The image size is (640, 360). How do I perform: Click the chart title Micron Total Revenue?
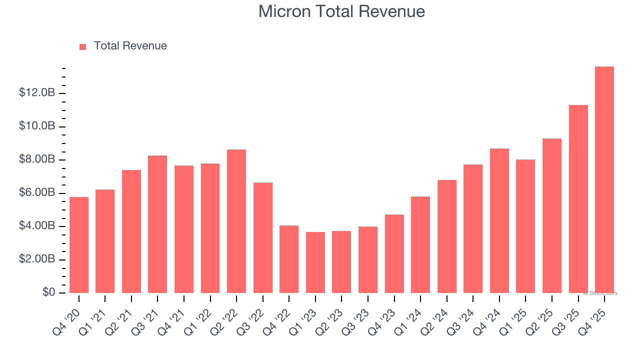(x=341, y=11)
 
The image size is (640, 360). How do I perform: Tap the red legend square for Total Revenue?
(x=83, y=46)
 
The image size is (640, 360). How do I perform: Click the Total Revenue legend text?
(x=130, y=46)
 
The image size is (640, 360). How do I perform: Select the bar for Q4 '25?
(x=604, y=180)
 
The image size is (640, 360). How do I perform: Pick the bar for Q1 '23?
(x=315, y=262)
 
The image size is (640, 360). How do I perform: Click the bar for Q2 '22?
(x=236, y=221)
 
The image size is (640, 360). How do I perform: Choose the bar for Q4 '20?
(x=78, y=245)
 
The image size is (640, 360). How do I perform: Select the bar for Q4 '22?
(x=288, y=259)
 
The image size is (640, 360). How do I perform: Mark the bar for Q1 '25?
(x=525, y=226)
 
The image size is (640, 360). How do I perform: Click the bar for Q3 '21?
(x=157, y=224)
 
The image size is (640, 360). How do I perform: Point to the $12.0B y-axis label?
(x=37, y=93)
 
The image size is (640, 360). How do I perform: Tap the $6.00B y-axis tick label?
(x=37, y=193)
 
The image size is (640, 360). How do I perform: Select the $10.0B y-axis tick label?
(x=37, y=126)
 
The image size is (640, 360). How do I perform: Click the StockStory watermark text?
(x=600, y=293)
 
